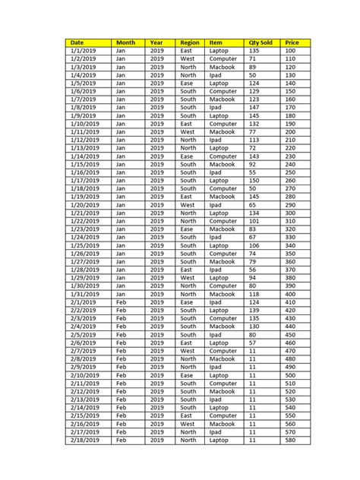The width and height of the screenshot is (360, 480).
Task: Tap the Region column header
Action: pyautogui.click(x=190, y=43)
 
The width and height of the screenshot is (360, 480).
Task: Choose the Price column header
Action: pyautogui.click(x=291, y=43)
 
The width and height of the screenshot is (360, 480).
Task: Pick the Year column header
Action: pyautogui.click(x=156, y=43)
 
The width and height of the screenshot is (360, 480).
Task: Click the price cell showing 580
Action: pyautogui.click(x=289, y=441)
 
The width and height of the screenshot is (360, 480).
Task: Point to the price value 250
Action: pyautogui.click(x=289, y=172)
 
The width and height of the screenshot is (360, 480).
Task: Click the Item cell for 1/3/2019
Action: pyautogui.click(x=222, y=67)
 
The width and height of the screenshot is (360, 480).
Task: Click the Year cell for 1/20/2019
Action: pyautogui.click(x=156, y=205)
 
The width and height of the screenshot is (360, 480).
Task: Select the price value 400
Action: pyautogui.click(x=289, y=294)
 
